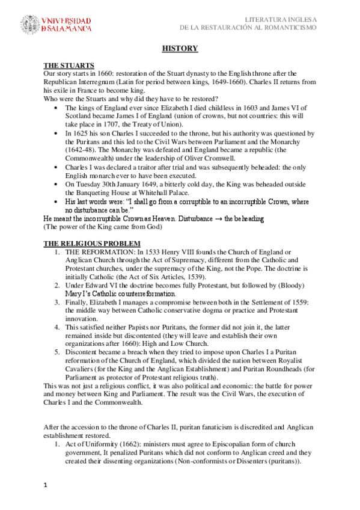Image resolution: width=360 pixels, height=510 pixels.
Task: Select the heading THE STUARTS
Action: click(69, 65)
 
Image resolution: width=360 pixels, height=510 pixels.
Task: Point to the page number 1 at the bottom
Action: click(45, 484)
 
